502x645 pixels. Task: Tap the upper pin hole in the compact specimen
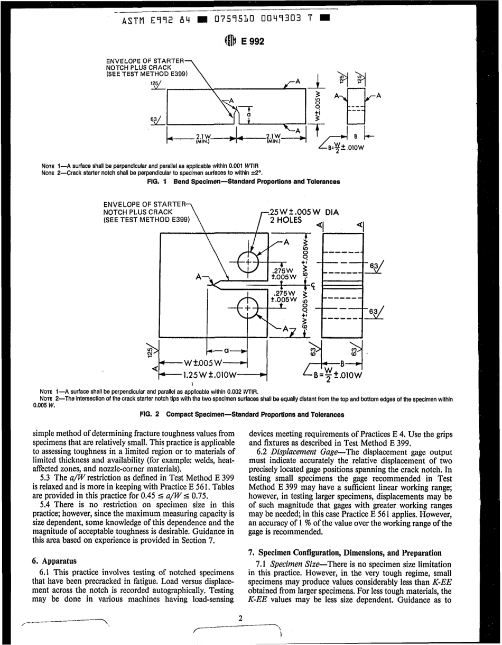[246, 262]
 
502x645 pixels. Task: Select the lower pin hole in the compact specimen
[246, 307]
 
